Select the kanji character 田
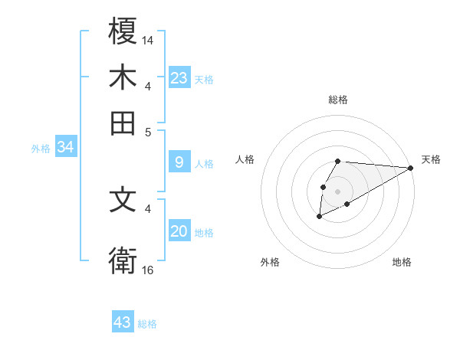point(123,123)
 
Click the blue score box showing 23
point(179,78)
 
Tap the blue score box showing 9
point(179,162)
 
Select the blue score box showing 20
point(179,231)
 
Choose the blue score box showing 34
point(65,148)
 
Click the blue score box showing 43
point(123,322)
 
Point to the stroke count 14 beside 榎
point(148,39)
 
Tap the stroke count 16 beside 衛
point(148,270)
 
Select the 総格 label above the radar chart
point(337,100)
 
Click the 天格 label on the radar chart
point(431,159)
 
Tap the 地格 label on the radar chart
point(402,262)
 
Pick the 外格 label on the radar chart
point(270,262)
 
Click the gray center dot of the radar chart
point(337,190)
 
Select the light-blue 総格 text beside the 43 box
point(147,324)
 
